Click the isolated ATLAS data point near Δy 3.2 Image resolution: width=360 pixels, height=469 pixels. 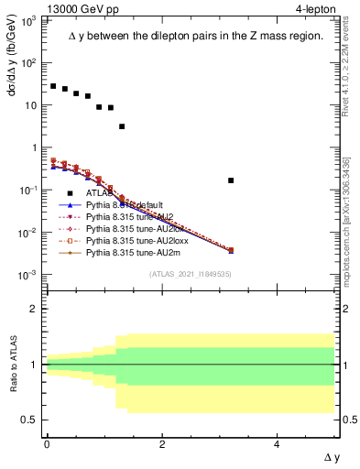[231, 180]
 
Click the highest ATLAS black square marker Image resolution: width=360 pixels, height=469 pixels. [53, 86]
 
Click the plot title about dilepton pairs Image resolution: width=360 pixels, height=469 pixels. [196, 37]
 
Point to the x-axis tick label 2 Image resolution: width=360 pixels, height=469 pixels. [162, 444]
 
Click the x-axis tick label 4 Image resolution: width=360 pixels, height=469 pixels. [278, 444]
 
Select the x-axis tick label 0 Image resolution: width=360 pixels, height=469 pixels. [47, 444]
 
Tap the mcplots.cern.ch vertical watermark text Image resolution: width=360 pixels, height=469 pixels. [352, 229]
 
